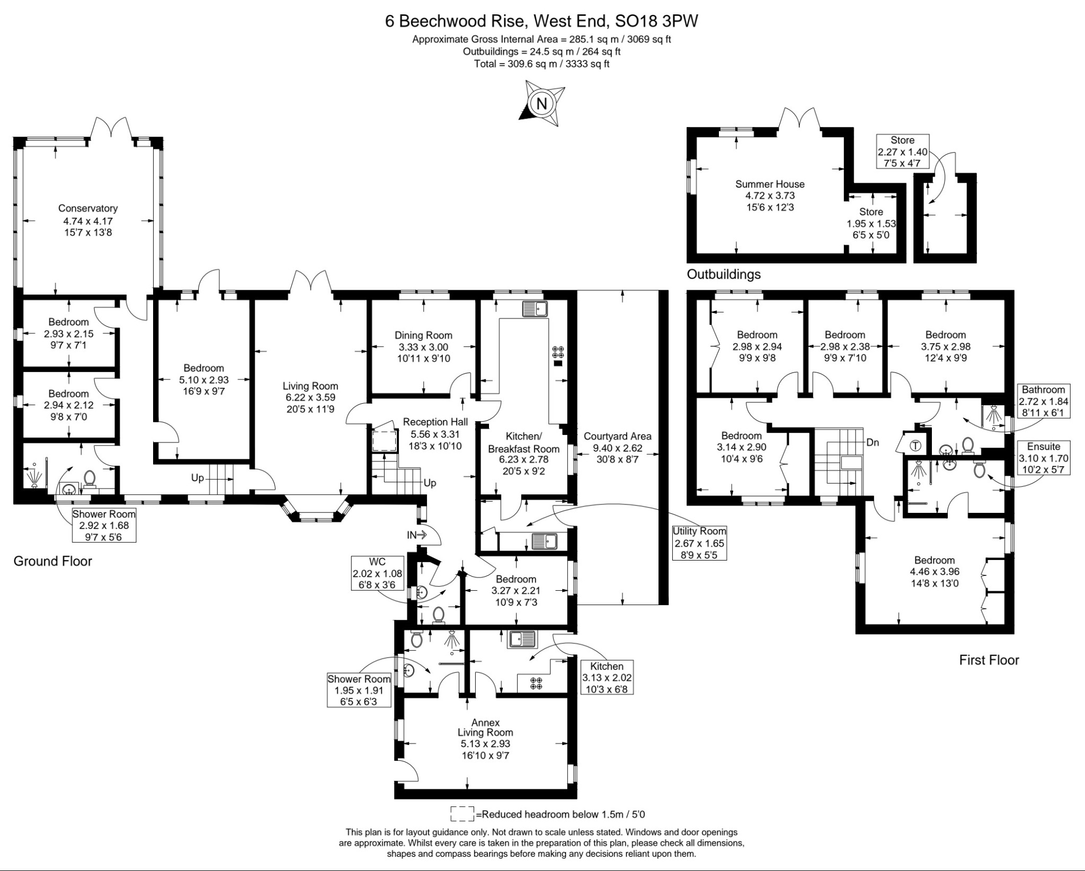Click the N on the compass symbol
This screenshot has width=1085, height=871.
coord(541,104)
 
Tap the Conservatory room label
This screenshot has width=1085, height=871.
coord(88,209)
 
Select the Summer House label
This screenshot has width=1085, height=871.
coord(770,184)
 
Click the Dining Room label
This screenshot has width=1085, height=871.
coord(423,335)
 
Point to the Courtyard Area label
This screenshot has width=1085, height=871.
coord(618,437)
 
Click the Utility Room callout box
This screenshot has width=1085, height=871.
coord(699,543)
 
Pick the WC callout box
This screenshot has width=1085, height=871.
coord(378,573)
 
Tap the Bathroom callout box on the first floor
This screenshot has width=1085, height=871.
coord(1043,401)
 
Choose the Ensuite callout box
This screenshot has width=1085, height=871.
coord(1043,458)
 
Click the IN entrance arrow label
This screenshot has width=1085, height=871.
coord(416,535)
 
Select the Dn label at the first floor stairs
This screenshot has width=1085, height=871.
coord(873,442)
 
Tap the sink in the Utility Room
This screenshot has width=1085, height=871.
coord(544,541)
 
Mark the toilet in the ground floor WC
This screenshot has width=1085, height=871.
coord(438,615)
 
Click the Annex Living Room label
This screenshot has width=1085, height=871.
coord(485,727)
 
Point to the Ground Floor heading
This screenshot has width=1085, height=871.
coord(53,561)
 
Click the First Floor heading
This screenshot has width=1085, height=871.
coord(989,660)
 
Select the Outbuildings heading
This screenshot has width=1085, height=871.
coord(724,274)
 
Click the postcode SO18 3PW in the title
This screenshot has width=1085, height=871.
coord(656,21)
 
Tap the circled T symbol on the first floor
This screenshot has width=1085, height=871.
coord(915,446)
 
